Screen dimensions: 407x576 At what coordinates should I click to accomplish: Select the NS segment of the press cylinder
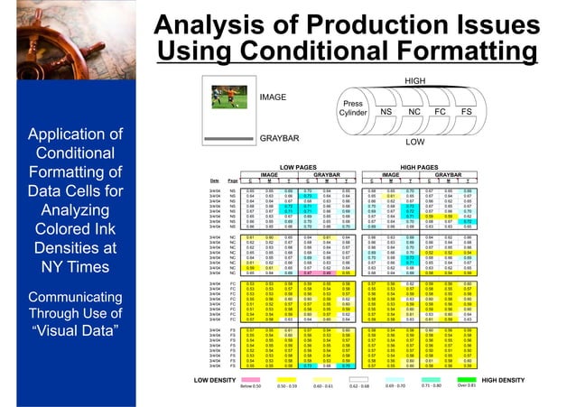pos(386,112)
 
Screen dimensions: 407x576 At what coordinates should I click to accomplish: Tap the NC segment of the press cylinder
pos(414,112)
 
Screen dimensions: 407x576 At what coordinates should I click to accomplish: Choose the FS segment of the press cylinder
pos(468,112)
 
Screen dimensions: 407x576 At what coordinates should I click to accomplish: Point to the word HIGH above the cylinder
pos(415,81)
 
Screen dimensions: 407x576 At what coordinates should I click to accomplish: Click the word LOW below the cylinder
pos(415,143)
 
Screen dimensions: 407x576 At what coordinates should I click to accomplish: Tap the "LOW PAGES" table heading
pos(296,167)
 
